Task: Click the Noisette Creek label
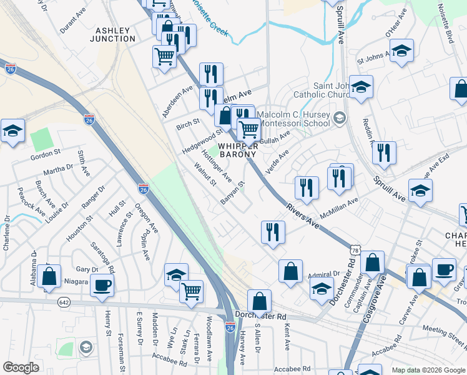(x=209, y=15)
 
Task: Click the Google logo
(x=21, y=367)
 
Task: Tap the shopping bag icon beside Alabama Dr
(x=49, y=276)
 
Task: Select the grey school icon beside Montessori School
(x=339, y=117)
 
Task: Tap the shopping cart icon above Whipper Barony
(x=249, y=129)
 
